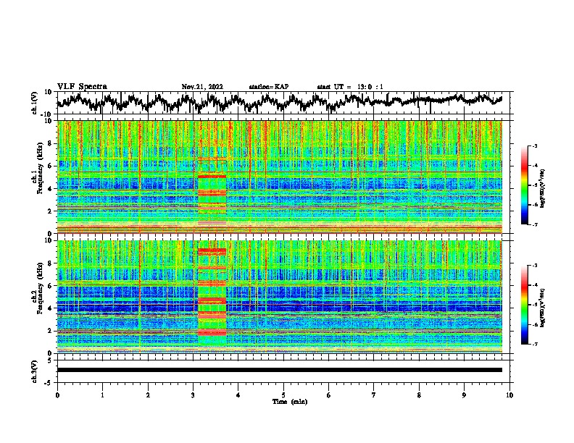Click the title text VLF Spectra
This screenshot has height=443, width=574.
pyautogui.click(x=82, y=86)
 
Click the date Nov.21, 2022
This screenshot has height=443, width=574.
pyautogui.click(x=202, y=87)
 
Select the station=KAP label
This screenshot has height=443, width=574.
pyautogui.click(x=269, y=87)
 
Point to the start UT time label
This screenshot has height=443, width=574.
pyautogui.click(x=350, y=87)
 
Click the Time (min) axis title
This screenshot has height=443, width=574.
pyautogui.click(x=289, y=401)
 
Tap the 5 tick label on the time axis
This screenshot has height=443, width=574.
pyautogui.click(x=283, y=395)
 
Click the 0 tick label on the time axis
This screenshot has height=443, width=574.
pyautogui.click(x=57, y=395)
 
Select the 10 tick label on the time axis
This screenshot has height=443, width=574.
pyautogui.click(x=509, y=395)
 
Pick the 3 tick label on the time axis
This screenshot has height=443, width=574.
pyautogui.click(x=193, y=395)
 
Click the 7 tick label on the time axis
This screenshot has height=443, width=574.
pyautogui.click(x=374, y=395)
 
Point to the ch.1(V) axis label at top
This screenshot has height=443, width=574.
pyautogui.click(x=36, y=103)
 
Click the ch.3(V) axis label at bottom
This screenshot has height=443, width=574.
pyautogui.click(x=36, y=370)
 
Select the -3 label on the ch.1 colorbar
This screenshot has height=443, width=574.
pyautogui.click(x=534, y=146)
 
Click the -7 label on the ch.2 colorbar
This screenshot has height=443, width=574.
pyautogui.click(x=534, y=345)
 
